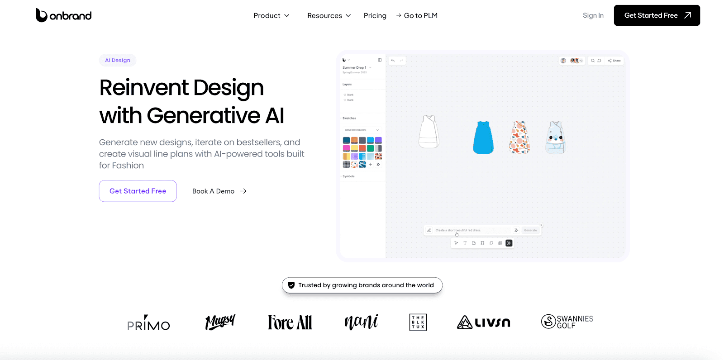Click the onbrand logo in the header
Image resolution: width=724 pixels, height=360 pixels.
[x=64, y=15]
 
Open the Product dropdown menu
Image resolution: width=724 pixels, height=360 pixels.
[x=271, y=15]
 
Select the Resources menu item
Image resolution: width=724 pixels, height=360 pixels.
[x=329, y=15]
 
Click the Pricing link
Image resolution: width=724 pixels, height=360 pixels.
[x=375, y=15]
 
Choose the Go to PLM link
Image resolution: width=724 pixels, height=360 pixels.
[x=417, y=15]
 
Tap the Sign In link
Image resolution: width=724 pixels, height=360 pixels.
[x=593, y=15]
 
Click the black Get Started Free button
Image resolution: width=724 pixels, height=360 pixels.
[x=657, y=15]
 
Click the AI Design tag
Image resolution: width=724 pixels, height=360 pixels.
[x=118, y=60]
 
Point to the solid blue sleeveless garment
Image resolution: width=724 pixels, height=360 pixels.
[x=483, y=137]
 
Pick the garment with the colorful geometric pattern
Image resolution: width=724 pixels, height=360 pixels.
[x=519, y=137]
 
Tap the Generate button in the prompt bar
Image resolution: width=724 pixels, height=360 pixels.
[x=530, y=230]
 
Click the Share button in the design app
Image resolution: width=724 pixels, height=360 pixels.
[x=614, y=61]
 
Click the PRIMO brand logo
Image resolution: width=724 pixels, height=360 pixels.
[x=148, y=323]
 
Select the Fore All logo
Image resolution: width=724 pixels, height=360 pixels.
[x=290, y=322]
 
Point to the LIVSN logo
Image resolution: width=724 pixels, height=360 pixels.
[x=483, y=322]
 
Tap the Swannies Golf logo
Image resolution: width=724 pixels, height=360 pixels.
[x=567, y=322]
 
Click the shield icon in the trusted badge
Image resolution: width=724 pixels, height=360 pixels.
[x=291, y=285]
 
